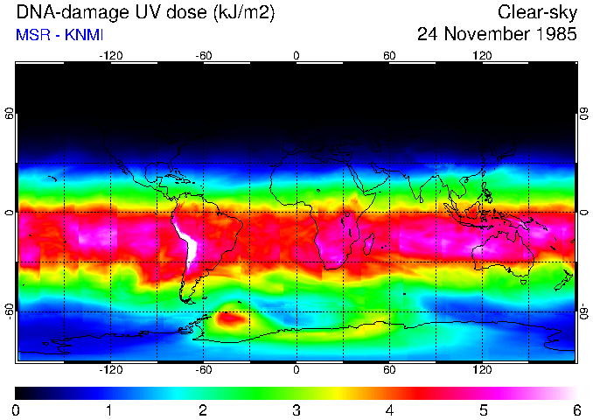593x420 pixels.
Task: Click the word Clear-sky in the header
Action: pyautogui.click(x=537, y=12)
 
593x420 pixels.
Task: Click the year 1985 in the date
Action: pyautogui.click(x=553, y=35)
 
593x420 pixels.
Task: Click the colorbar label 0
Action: pyautogui.click(x=17, y=409)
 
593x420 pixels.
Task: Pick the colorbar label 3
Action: pyautogui.click(x=296, y=409)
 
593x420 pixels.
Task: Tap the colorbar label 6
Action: pyautogui.click(x=576, y=409)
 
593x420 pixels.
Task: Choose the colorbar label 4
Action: pyautogui.click(x=389, y=409)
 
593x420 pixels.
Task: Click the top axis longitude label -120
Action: pyautogui.click(x=110, y=56)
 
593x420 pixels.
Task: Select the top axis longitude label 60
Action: pyautogui.click(x=389, y=56)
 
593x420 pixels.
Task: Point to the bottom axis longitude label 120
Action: pyautogui.click(x=482, y=368)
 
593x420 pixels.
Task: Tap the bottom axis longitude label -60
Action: pyautogui.click(x=203, y=368)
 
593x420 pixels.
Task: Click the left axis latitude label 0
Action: pyautogui.click(x=10, y=213)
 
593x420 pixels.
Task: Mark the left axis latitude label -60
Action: pyautogui.click(x=10, y=311)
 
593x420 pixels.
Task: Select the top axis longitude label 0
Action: pyautogui.click(x=296, y=56)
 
